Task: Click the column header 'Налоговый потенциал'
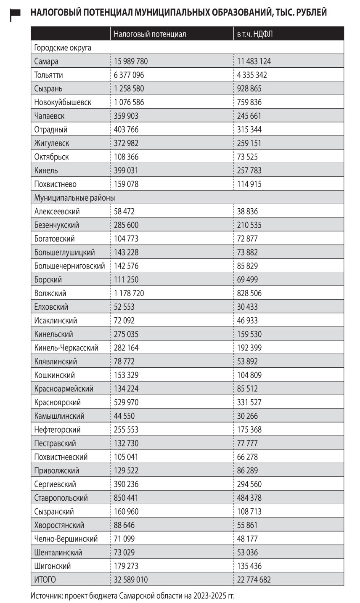coord(150,34)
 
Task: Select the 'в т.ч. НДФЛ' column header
coord(255,34)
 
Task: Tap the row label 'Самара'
coord(46,61)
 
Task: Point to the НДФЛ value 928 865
coord(249,89)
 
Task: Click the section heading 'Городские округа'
coord(63,48)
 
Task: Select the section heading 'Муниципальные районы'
coord(74,198)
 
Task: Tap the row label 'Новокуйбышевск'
coord(63,102)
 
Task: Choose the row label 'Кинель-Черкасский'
coord(66,348)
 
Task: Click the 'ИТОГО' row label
coord(45,579)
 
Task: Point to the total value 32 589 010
coord(131,579)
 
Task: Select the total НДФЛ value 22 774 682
coord(254,579)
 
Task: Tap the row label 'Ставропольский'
coord(61,498)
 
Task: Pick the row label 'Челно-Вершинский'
coord(66,539)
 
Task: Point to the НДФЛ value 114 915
coord(249,184)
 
